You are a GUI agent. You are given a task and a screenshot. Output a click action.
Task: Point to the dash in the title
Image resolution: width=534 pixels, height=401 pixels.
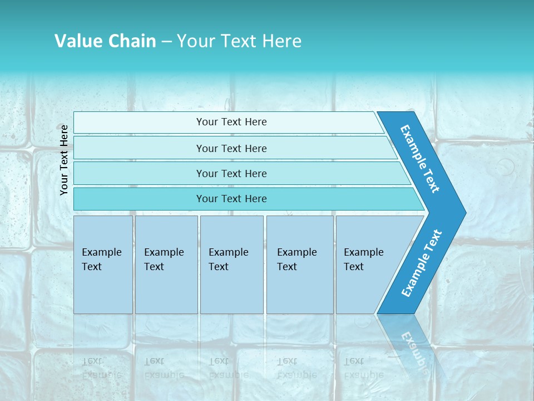point(166,42)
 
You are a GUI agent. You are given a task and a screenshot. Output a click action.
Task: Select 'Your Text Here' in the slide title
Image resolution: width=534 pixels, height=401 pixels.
point(239,41)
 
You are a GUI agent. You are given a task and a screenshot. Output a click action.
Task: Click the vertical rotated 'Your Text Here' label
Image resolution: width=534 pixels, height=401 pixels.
point(64,160)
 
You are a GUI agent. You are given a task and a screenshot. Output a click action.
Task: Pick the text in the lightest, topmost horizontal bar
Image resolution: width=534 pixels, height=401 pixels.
point(231,122)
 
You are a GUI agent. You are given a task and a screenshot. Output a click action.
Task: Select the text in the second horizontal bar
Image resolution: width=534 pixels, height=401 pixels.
point(231,149)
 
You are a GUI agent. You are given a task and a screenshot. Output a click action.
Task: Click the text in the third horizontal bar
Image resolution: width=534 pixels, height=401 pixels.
point(231,174)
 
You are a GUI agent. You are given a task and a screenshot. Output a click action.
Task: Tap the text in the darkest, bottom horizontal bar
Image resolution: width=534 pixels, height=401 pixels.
point(231,199)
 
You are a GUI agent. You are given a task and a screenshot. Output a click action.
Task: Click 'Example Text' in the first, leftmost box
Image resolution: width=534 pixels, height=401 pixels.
point(101,260)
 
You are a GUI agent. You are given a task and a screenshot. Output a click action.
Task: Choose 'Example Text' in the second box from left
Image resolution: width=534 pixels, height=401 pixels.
point(164,260)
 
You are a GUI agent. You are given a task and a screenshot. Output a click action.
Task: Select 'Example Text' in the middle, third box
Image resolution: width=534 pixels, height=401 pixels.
point(228,260)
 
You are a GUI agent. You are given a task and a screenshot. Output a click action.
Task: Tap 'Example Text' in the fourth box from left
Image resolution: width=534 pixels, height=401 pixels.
point(296,260)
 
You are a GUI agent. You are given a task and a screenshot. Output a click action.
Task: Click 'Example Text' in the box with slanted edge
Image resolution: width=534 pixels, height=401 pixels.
point(363,260)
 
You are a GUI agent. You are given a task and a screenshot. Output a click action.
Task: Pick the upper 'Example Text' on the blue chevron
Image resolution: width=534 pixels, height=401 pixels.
point(420,159)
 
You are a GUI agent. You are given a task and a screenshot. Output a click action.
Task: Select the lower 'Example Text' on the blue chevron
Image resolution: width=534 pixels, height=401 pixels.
point(422,263)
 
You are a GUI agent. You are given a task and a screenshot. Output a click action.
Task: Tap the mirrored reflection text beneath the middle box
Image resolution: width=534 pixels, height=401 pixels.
point(228,368)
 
